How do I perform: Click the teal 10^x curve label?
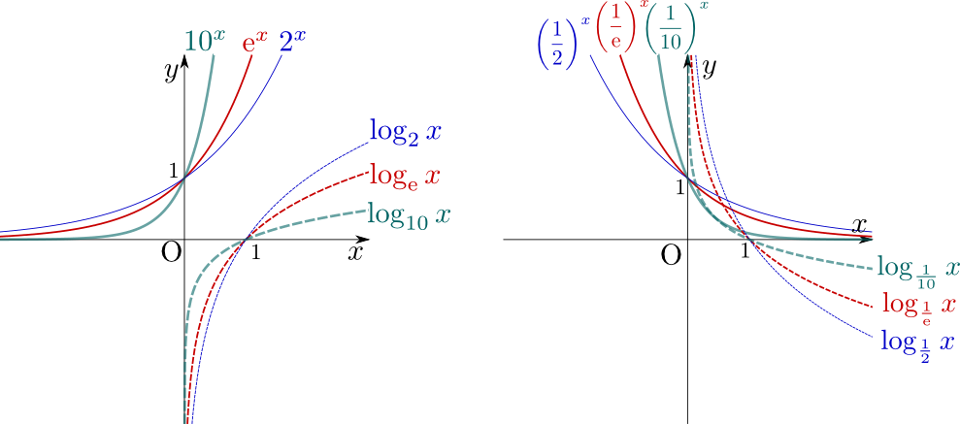(x=205, y=41)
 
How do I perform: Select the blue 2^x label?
(x=292, y=43)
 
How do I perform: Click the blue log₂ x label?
(x=406, y=132)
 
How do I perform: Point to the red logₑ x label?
(x=405, y=176)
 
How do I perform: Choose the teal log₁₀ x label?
(x=410, y=215)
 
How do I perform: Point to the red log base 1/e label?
(x=919, y=305)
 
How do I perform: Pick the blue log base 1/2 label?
(x=917, y=345)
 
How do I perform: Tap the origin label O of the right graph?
(x=671, y=256)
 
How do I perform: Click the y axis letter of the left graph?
(x=171, y=71)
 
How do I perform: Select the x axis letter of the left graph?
(x=355, y=252)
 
